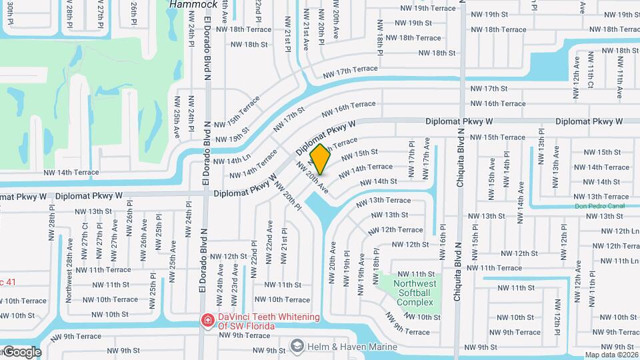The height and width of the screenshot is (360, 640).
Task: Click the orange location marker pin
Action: (x=320, y=159)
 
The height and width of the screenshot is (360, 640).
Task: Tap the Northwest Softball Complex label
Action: (x=415, y=293)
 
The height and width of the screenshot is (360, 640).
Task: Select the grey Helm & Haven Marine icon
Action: (x=297, y=346)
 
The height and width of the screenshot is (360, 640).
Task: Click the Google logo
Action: (x=21, y=352)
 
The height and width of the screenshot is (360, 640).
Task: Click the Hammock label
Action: (x=193, y=4)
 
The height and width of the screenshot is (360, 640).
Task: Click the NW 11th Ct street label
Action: (x=590, y=71)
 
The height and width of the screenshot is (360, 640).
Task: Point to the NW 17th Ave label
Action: (x=425, y=166)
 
